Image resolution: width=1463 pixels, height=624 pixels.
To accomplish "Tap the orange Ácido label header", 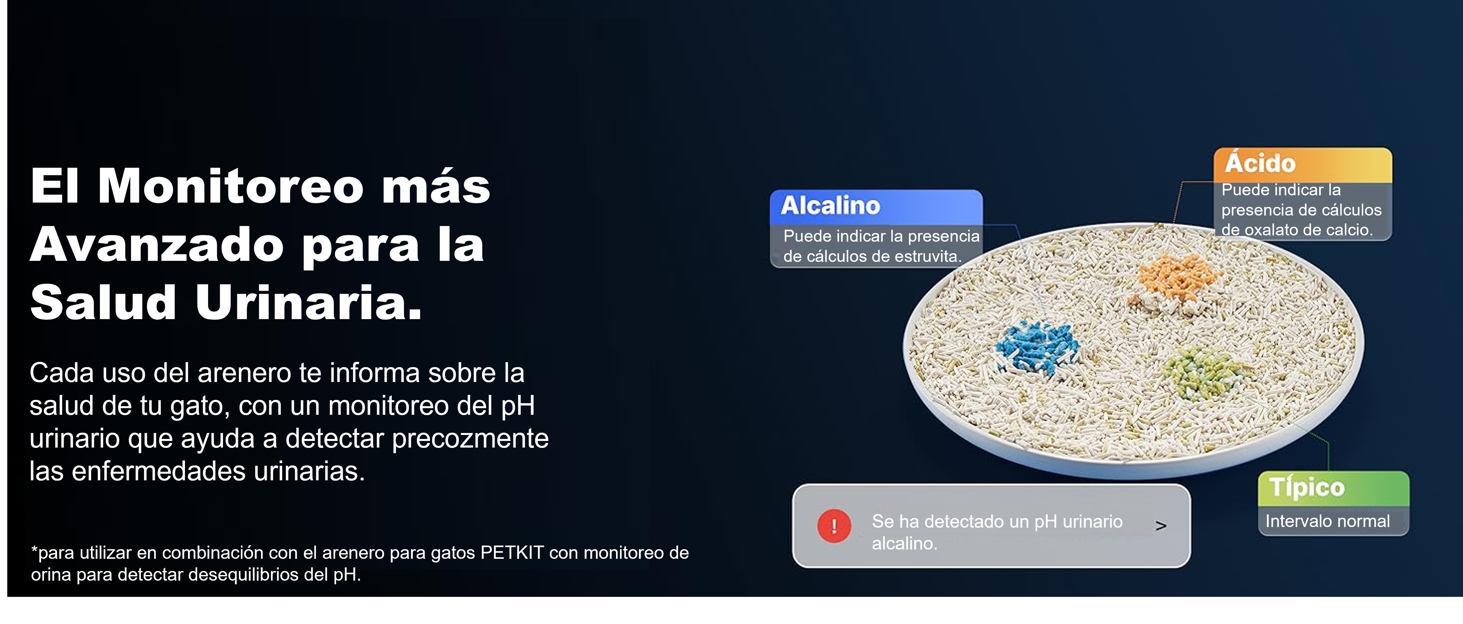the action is tap(1303, 165).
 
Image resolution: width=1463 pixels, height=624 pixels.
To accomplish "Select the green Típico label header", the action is tap(1334, 488).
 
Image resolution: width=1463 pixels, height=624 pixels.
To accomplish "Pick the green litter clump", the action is tap(1203, 373).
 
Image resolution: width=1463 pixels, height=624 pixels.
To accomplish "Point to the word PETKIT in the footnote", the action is tap(512, 552).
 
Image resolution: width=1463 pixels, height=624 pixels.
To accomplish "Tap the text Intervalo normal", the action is tap(1327, 521).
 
